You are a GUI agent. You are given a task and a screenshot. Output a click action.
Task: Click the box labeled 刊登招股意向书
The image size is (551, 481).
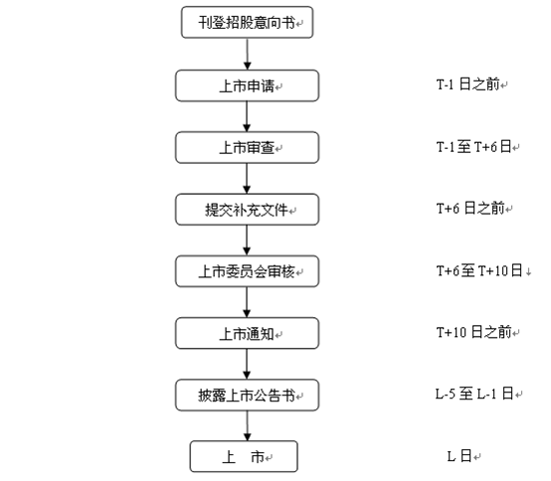[x=247, y=22]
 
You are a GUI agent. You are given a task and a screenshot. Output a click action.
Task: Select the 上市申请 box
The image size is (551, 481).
[x=247, y=85]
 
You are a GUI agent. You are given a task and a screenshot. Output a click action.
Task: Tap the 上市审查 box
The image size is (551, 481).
[x=247, y=147]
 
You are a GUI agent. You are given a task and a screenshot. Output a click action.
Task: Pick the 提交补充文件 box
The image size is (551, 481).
[x=247, y=210]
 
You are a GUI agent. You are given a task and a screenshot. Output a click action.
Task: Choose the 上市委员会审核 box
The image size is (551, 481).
[x=247, y=271]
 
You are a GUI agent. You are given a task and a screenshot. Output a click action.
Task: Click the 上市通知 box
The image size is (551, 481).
[x=247, y=333]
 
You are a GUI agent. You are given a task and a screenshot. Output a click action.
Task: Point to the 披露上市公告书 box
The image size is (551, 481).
[x=247, y=395]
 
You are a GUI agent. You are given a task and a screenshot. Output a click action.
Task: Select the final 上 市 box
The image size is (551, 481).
[x=244, y=456]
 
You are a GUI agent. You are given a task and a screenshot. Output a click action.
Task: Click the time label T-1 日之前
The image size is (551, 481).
[x=468, y=84]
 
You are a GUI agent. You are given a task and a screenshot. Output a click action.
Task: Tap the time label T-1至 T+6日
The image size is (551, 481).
[x=473, y=146]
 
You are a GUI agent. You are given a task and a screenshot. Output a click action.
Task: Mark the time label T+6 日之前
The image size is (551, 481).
[x=470, y=208]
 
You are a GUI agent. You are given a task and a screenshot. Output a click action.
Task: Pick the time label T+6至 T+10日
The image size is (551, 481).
[x=479, y=270]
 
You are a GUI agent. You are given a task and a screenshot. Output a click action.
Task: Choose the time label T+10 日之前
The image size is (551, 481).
[x=474, y=332]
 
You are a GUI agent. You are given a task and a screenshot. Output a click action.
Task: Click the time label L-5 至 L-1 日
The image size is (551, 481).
[x=474, y=394]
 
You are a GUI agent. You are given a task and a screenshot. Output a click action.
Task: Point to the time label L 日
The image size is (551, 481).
[x=459, y=456]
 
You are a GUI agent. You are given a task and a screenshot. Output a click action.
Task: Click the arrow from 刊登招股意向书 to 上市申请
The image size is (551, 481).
[x=247, y=54]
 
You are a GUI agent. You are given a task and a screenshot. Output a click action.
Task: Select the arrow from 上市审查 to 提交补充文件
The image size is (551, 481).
[x=247, y=178]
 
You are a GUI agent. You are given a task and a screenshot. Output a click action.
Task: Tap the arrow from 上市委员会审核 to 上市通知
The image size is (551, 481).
[x=247, y=302]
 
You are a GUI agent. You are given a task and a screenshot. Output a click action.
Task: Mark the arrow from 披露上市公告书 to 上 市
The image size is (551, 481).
[x=247, y=426]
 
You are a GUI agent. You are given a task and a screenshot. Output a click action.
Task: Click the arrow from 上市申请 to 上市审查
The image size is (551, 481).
[x=247, y=116]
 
